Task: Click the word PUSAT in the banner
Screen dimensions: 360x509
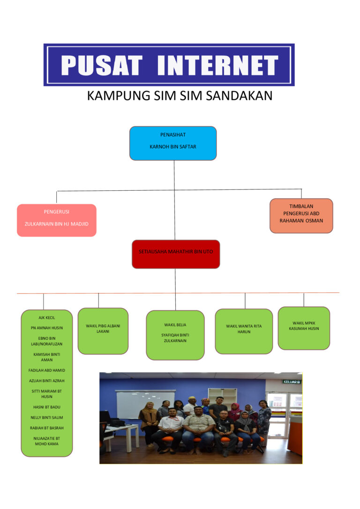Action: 102,65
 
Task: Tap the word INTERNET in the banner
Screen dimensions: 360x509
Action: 218,65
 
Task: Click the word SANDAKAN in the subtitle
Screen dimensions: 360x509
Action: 239,96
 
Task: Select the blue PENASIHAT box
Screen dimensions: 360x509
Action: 173,143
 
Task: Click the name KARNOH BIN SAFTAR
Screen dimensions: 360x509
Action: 173,147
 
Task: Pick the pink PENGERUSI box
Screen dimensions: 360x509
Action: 56,220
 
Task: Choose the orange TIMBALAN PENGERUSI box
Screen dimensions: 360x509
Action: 301,216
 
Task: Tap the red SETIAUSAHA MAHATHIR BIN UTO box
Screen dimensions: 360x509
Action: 176,254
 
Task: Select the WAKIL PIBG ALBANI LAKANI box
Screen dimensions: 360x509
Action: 103,331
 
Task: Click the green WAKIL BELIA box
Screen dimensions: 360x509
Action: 175,335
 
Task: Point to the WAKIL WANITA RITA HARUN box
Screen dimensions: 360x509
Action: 244,331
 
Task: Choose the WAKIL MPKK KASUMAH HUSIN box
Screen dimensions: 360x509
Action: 304,328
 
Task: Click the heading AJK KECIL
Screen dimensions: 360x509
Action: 47,318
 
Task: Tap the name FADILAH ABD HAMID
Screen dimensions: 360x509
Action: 47,370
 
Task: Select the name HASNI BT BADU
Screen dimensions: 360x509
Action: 47,407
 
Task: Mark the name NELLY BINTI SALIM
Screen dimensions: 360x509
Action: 47,418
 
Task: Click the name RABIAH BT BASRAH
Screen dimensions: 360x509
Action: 47,428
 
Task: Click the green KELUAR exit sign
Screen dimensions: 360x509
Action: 292,382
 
